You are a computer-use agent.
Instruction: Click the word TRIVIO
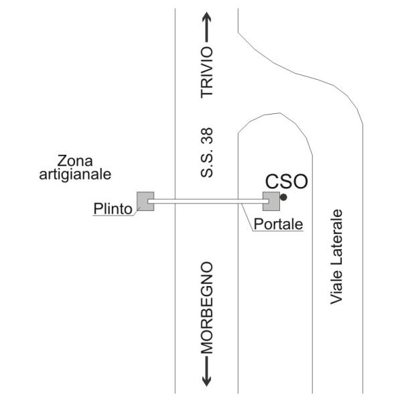point(206,72)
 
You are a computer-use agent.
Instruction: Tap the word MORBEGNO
point(206,308)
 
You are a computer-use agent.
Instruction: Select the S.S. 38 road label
point(206,153)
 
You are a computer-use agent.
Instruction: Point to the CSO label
point(286,182)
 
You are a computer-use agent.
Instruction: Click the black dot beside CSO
point(283,197)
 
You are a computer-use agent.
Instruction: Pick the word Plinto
point(113,208)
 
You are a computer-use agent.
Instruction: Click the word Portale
point(278,224)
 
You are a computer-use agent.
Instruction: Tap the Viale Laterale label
point(336,257)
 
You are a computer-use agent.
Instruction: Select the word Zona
point(75,161)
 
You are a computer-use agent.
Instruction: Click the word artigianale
point(75,175)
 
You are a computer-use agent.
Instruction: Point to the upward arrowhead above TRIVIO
point(206,17)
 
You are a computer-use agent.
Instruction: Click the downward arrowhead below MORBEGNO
point(206,381)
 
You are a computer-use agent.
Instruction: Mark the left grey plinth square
point(145,201)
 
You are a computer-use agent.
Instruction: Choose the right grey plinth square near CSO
point(271,201)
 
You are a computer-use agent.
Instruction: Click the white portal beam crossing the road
point(208,201)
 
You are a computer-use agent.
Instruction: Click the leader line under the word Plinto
point(116,213)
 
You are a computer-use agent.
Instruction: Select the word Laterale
point(336,239)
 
